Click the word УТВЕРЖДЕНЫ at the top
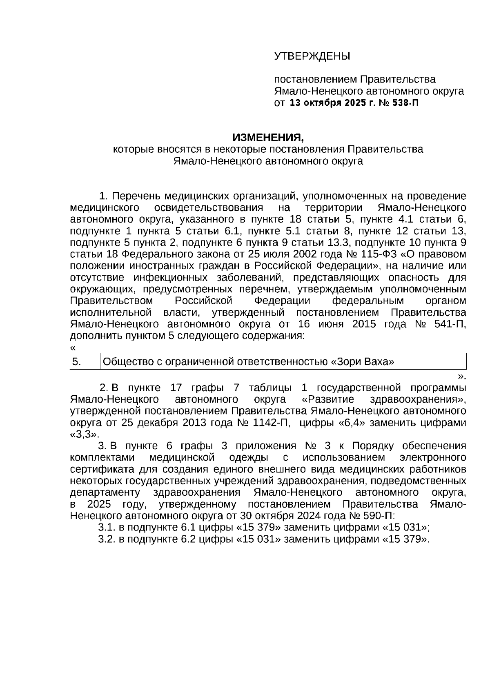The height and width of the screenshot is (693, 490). (312, 56)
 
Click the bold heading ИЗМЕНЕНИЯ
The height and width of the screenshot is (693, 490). (268, 137)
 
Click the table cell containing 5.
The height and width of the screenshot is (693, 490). (85, 362)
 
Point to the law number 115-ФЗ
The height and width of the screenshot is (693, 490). (378, 254)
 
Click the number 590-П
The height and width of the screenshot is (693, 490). (378, 516)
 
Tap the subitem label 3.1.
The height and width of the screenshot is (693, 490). (107, 528)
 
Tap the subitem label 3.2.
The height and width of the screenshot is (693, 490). (107, 539)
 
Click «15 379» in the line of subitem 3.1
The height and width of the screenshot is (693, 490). (259, 528)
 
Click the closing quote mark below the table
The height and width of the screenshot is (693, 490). (461, 376)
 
